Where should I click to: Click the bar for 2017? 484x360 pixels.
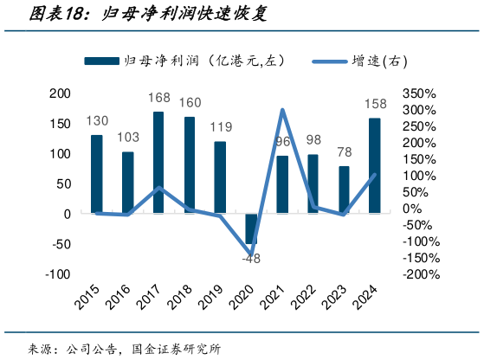(158, 163)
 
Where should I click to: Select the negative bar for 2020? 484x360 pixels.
(251, 228)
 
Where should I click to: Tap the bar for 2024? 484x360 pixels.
(374, 165)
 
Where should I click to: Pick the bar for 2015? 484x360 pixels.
(97, 174)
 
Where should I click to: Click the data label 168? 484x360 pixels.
(158, 99)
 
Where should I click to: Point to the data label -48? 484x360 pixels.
(251, 259)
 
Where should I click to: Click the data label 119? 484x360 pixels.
(220, 128)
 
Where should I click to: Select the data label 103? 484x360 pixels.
(128, 138)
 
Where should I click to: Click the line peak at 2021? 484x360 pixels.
(282, 110)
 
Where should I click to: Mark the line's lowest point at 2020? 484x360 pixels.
(252, 254)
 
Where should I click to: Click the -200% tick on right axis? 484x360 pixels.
(419, 274)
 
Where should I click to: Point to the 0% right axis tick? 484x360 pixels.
(412, 209)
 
